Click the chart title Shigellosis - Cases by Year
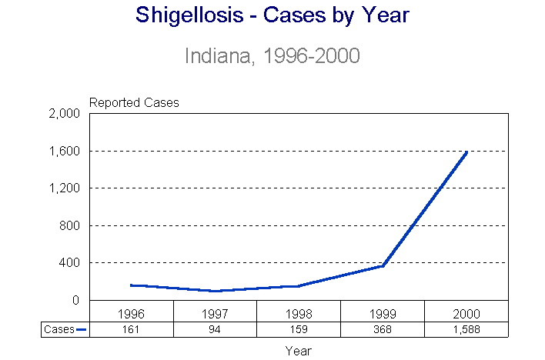272,15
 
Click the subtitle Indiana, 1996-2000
272,56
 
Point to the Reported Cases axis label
134,102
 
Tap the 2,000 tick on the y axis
65,114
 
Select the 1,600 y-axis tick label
65,151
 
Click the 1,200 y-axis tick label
65,188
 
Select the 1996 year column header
132,314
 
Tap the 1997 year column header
216,314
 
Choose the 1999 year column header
383,314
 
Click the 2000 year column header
466,314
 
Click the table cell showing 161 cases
132,329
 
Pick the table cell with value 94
216,329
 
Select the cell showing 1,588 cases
466,329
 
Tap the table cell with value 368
383,329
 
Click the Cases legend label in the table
59,329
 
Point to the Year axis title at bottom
299,350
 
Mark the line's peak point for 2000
466,152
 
